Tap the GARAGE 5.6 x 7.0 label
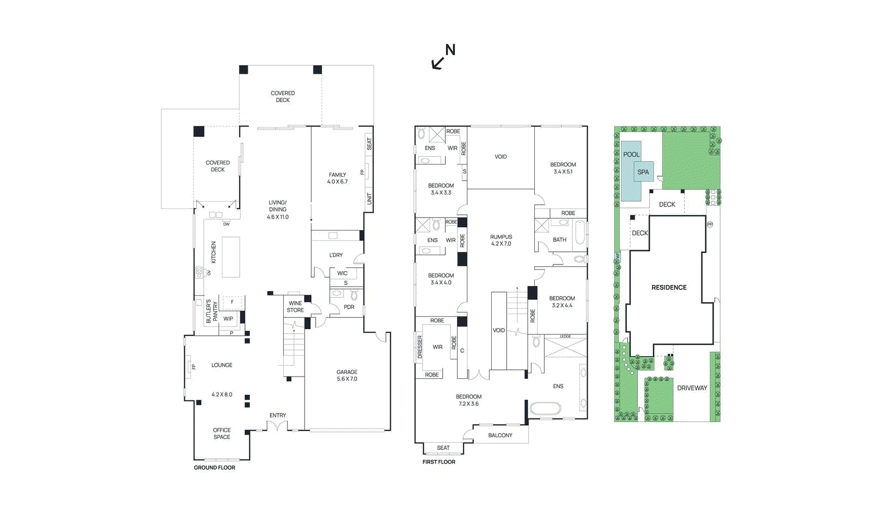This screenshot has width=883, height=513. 347,376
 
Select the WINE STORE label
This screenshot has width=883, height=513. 295,306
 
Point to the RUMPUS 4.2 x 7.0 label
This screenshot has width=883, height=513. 501,240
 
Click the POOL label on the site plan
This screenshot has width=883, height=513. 631,155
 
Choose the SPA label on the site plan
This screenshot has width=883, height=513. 643,172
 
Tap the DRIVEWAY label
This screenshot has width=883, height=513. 692,388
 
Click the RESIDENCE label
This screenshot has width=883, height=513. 669,288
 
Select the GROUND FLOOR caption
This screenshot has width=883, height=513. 214,468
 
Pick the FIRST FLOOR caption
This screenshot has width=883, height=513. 439,462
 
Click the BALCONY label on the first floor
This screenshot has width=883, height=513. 500,436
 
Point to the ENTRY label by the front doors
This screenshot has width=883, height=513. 278,415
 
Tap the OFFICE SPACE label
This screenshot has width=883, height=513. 222,433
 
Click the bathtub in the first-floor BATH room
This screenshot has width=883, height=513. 579,232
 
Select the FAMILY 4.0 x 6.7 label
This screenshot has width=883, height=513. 337,178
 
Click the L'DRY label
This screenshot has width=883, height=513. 336,255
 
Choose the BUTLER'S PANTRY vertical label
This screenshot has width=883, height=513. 211,312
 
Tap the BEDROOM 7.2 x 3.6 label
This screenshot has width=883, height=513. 469,400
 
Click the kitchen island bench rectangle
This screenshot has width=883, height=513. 231,257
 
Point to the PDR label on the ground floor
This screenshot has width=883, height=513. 349,307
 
